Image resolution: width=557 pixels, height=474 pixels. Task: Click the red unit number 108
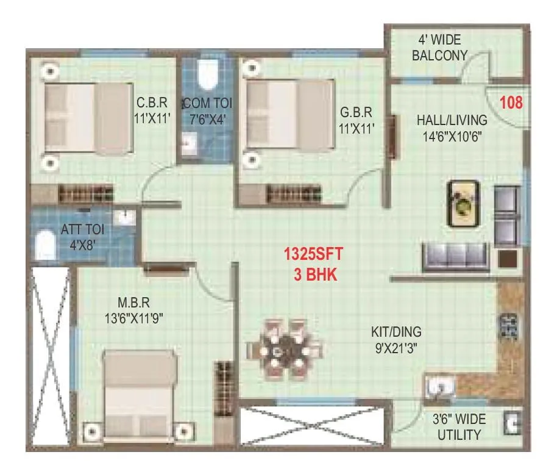(x=511, y=102)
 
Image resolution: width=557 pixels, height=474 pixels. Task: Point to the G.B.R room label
(x=356, y=113)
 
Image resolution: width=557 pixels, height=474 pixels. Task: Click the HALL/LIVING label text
(x=452, y=120)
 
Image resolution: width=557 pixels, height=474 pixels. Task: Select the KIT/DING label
(x=396, y=333)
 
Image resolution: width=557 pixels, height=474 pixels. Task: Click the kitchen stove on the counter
(x=508, y=328)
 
